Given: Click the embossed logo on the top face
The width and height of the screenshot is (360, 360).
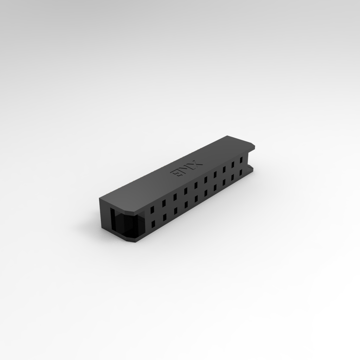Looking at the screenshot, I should pos(187,168).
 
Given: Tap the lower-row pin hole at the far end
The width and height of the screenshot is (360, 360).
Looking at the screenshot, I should pos(241,173).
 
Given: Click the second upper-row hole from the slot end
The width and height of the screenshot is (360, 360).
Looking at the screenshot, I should pos(164,203).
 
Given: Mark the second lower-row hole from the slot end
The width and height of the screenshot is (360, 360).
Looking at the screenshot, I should pos(164,218).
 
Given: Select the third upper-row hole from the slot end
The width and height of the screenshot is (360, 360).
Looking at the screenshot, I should pos(175,197).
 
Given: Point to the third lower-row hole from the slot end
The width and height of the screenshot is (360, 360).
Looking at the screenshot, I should pos(175,211).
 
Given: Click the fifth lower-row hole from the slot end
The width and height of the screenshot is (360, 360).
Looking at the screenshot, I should pos(196,199).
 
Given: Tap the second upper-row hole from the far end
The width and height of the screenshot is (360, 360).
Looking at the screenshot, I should pos(233,165).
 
